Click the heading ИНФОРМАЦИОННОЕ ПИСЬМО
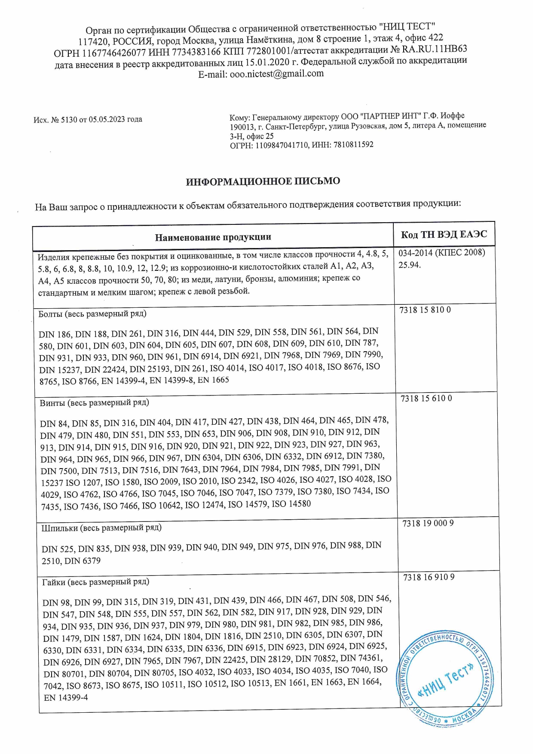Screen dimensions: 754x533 tap(263, 181)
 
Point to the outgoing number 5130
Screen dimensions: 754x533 tap(68, 120)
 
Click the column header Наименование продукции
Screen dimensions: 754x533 tap(213, 237)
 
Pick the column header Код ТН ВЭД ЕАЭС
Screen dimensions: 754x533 tap(444, 234)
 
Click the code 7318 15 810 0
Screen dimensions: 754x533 tap(425, 310)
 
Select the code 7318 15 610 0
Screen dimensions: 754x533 tap(426, 398)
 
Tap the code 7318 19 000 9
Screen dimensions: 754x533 tap(428, 523)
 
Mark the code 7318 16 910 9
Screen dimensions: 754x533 tap(429, 577)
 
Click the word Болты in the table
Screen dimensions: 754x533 tap(50, 314)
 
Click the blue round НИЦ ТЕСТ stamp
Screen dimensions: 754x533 tap(445, 677)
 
